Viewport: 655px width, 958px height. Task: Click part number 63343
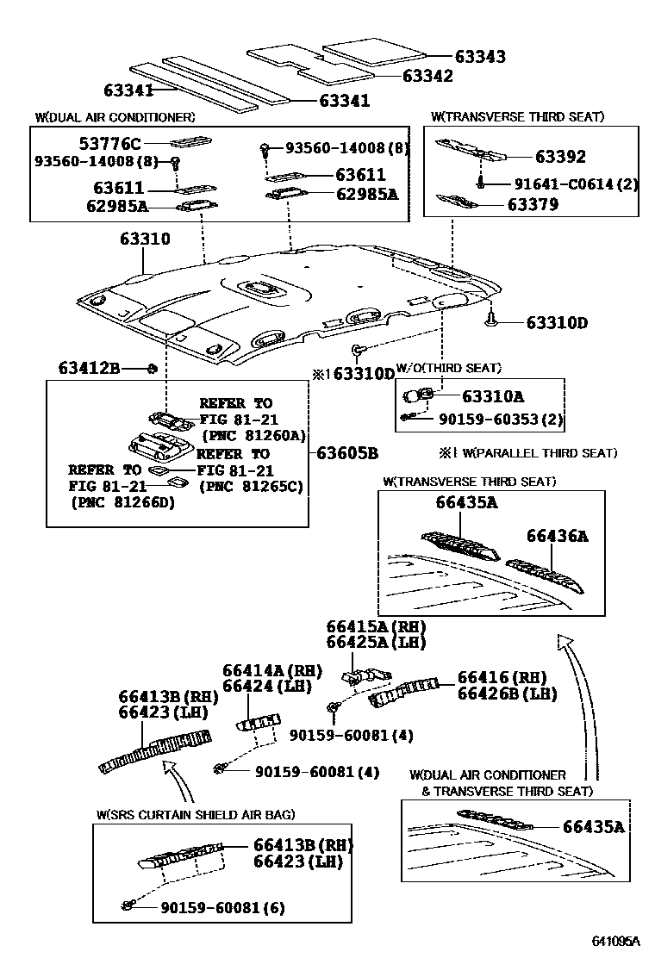point(480,57)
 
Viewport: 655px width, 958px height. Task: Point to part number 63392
point(559,157)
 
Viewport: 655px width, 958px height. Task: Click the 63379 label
point(557,204)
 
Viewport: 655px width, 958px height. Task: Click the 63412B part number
point(89,369)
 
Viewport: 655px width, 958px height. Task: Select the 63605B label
point(346,452)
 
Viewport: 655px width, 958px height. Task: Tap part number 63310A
point(493,397)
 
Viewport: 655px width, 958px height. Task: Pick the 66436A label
point(558,536)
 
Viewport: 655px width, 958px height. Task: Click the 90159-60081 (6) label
point(222,907)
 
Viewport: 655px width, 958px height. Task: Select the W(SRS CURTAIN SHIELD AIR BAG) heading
point(196,814)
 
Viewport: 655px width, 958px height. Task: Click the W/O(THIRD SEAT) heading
point(448,368)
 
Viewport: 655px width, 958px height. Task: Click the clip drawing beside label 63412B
point(152,369)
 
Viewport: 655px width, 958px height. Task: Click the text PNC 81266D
point(123,501)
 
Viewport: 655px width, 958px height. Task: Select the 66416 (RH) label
point(502,678)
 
